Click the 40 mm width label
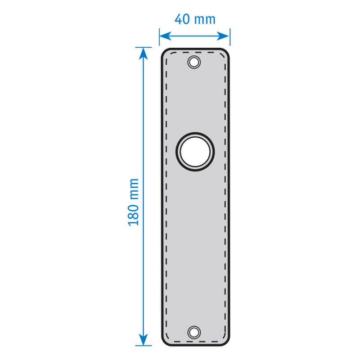point(195,19)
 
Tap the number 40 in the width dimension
point(182,19)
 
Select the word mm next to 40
point(204,20)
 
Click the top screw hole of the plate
point(194,62)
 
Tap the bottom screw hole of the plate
point(194,332)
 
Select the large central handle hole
point(195,152)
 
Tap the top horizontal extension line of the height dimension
point(144,47)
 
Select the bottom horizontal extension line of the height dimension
point(144,346)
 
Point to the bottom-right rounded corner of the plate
point(226,342)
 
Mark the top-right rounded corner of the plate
point(226,52)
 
